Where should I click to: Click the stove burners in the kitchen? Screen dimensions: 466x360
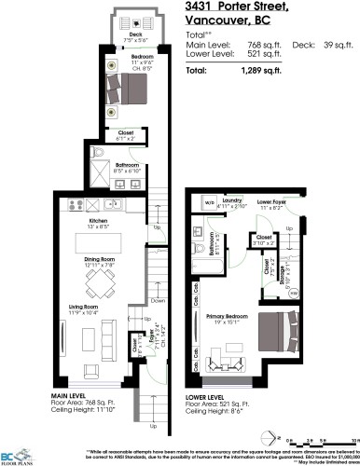75,205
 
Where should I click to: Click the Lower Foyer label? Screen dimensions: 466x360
271,199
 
